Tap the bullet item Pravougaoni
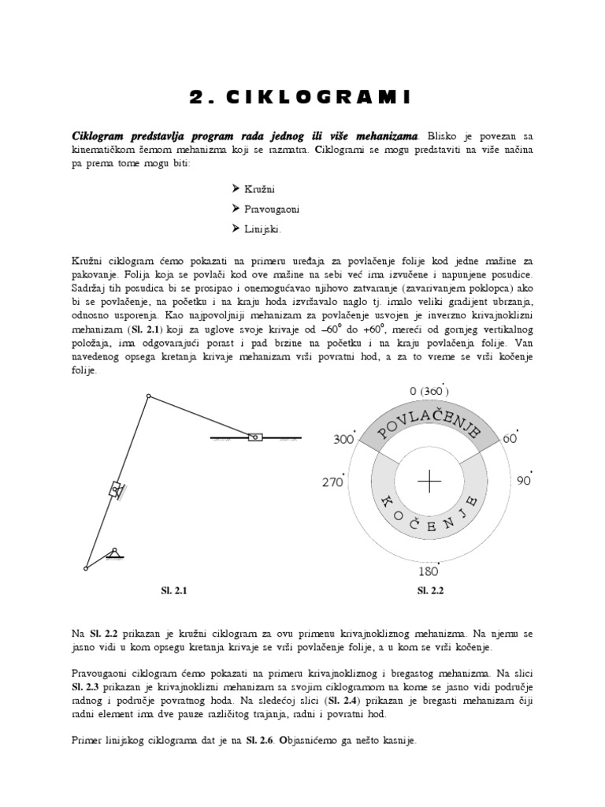(265, 210)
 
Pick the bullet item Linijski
(256, 229)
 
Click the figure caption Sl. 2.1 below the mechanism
(174, 589)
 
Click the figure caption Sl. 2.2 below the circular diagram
(429, 589)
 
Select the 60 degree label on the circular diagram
(510, 438)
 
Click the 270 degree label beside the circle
(332, 482)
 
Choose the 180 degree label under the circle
(429, 570)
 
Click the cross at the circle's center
(429, 482)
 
